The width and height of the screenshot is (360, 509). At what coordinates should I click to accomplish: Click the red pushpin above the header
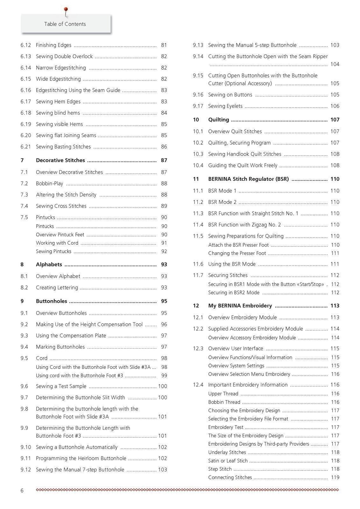click(x=66, y=10)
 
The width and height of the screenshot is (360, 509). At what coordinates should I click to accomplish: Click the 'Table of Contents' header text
click(x=65, y=24)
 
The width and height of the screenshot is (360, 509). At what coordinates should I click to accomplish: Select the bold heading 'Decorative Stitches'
click(x=60, y=160)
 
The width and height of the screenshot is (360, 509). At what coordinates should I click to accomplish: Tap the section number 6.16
click(x=26, y=90)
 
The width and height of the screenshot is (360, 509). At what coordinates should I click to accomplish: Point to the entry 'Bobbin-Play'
click(x=49, y=184)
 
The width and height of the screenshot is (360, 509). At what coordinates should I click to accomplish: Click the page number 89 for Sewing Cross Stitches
click(x=164, y=206)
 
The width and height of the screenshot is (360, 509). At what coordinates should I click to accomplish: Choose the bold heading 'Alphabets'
click(x=49, y=264)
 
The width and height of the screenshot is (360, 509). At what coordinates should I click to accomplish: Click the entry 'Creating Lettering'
click(x=57, y=288)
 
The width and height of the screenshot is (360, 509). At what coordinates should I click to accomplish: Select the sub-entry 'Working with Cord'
click(x=57, y=243)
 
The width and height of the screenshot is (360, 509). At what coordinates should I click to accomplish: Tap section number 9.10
click(x=26, y=447)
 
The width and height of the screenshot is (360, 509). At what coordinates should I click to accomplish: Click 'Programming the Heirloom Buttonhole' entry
click(x=81, y=458)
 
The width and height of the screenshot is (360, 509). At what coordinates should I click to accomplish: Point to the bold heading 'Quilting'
click(x=218, y=120)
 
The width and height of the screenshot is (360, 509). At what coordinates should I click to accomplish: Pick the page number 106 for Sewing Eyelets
click(x=335, y=106)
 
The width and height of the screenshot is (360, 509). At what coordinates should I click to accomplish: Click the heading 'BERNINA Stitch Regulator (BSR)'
click(x=248, y=179)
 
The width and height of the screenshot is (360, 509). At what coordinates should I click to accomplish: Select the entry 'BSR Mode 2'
click(x=222, y=202)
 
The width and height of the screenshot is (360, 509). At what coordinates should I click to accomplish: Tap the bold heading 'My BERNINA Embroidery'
click(x=240, y=306)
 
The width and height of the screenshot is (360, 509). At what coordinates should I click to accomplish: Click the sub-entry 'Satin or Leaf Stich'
click(x=228, y=461)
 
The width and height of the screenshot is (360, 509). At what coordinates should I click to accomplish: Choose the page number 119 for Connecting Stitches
click(x=335, y=478)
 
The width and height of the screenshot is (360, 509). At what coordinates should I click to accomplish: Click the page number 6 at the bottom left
click(x=22, y=491)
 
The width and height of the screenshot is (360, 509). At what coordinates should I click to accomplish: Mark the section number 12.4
click(x=198, y=385)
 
